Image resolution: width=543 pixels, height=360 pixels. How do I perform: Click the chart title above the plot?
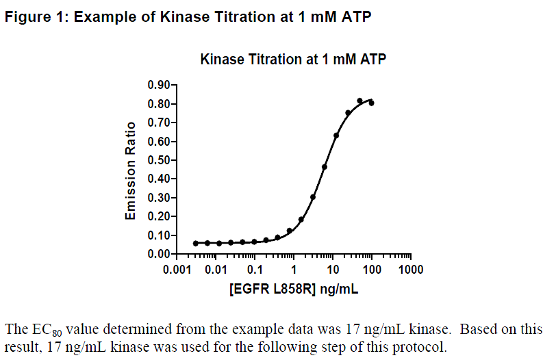292,60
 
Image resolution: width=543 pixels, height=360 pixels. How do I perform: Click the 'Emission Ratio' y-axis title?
130,171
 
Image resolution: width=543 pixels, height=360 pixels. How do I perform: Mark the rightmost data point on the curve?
371,103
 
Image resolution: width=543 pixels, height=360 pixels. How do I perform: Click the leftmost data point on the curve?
196,243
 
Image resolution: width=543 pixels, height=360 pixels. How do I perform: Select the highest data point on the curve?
359,101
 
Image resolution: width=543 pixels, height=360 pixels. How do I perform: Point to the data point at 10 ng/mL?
336,136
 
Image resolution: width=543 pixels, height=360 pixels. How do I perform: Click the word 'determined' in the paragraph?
127,329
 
